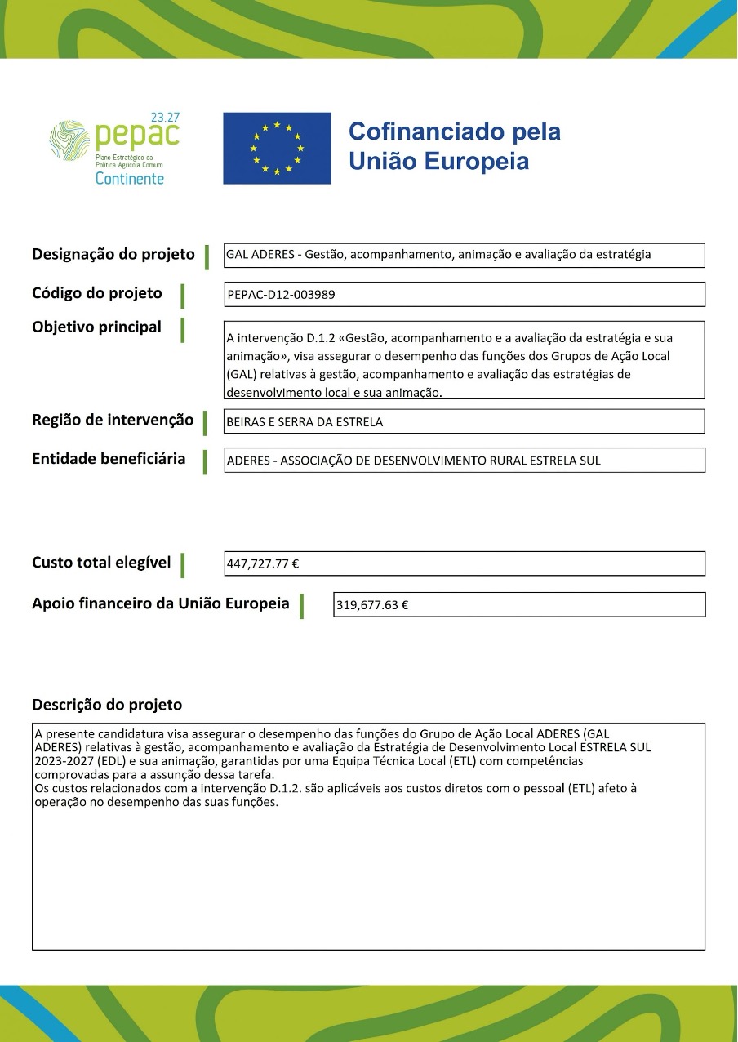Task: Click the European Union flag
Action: (x=277, y=148)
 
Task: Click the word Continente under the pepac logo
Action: (x=129, y=178)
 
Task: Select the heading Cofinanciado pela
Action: (x=455, y=131)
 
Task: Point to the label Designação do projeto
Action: (x=113, y=254)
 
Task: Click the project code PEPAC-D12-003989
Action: (x=281, y=295)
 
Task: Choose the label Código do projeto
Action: (x=97, y=293)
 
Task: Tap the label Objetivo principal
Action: (x=96, y=327)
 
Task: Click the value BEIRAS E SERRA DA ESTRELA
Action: (x=305, y=422)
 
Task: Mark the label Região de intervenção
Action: (x=113, y=420)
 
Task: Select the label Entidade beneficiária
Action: (x=109, y=459)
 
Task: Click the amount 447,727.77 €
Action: (x=264, y=563)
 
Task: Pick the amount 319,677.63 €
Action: (x=372, y=605)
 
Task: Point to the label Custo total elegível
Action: (x=101, y=562)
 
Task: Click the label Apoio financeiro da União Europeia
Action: (x=160, y=603)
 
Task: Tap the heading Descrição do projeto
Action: (x=107, y=704)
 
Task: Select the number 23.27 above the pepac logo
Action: (x=165, y=118)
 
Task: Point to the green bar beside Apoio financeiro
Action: (x=302, y=606)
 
